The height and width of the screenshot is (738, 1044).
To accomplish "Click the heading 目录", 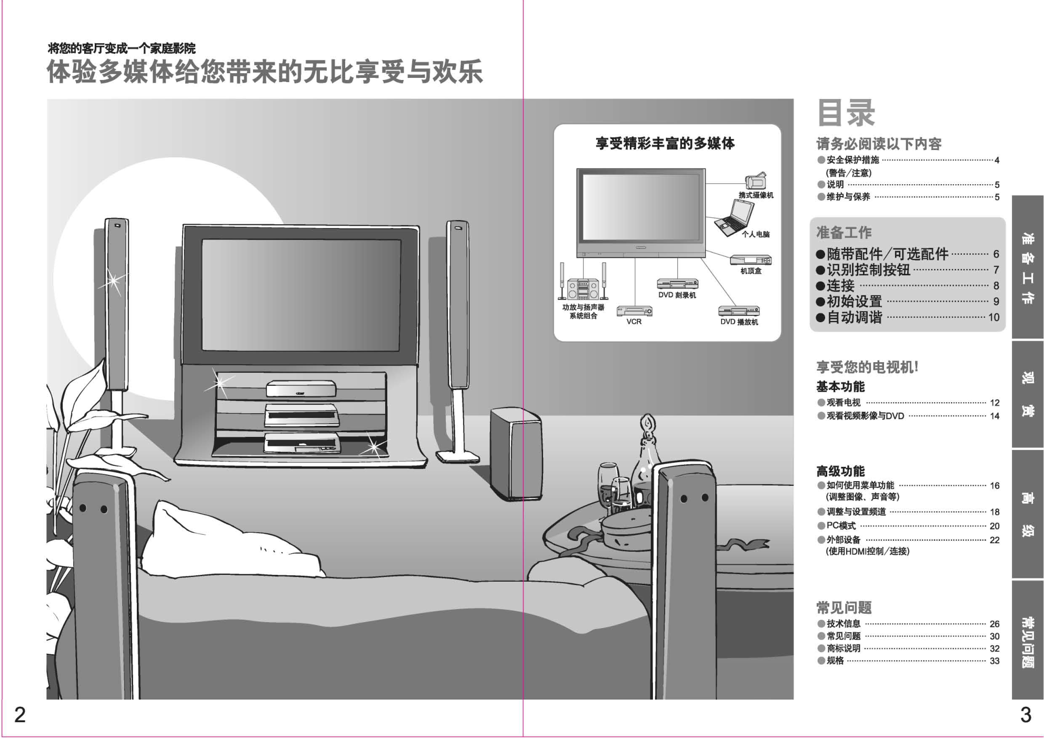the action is tap(846, 113).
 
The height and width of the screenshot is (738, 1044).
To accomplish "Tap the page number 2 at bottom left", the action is tap(20, 715).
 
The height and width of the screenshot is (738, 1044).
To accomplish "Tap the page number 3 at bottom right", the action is tap(1026, 715).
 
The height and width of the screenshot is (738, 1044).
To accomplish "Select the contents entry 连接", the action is tap(840, 286).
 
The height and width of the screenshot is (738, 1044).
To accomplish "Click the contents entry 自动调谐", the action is tap(854, 317).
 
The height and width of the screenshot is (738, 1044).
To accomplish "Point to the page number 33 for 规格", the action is tap(994, 661).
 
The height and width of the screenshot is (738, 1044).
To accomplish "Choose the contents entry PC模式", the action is tap(841, 525).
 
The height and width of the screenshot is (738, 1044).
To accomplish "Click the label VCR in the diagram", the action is tap(634, 322).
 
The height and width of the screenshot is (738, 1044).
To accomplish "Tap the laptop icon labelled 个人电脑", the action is tap(734, 218).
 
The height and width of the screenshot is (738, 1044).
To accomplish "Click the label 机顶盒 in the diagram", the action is tap(751, 271).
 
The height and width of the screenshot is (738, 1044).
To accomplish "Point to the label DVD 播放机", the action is tap(739, 322).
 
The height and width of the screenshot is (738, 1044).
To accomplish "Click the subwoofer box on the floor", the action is tap(516, 454).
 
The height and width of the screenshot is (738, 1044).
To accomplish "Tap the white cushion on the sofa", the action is tap(232, 540).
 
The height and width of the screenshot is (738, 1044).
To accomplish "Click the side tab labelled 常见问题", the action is tap(1027, 640).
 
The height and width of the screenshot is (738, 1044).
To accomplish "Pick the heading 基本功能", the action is tap(840, 387).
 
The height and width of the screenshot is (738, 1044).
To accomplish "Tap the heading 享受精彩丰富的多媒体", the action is tap(665, 143).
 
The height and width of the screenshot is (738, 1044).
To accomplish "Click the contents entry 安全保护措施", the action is tap(852, 160).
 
